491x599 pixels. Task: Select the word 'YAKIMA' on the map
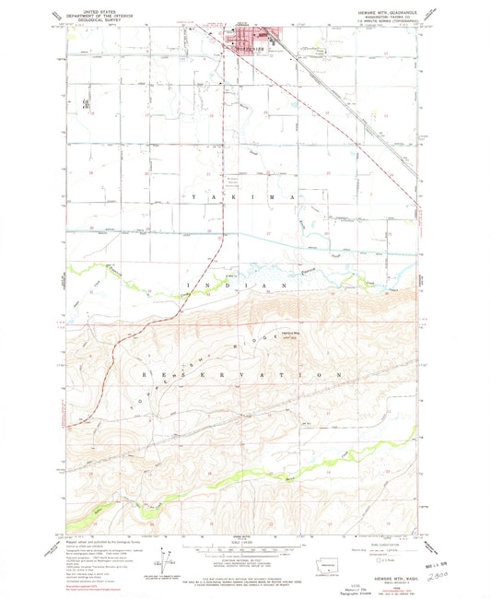point(244,197)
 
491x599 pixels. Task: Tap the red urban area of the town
point(253,39)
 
